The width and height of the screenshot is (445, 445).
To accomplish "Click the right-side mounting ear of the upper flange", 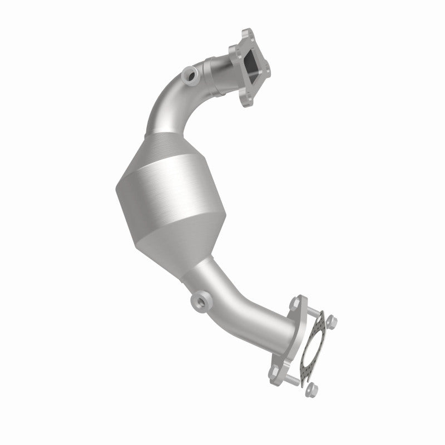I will [x=269, y=70].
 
